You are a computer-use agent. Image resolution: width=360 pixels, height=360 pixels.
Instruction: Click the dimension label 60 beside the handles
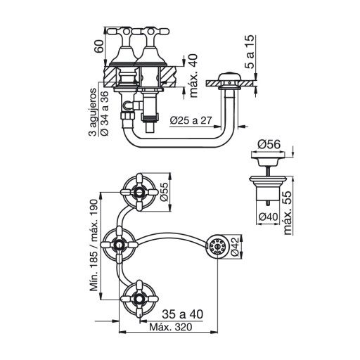[99, 46]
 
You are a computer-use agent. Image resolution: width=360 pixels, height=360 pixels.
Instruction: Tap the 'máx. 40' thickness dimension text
[193, 76]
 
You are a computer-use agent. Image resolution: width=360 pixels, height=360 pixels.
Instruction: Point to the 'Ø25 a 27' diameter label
[191, 120]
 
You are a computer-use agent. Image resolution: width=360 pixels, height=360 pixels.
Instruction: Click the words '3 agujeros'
[93, 112]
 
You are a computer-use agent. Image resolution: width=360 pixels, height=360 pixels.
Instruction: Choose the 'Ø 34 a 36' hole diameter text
[105, 113]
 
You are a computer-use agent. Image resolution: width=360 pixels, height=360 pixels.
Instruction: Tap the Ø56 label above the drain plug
[269, 144]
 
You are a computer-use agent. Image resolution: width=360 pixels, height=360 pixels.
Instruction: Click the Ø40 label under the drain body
[268, 217]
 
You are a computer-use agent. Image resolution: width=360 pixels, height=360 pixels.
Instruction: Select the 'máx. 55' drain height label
[288, 213]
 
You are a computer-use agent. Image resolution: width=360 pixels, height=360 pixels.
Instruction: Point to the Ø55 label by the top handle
[165, 191]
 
